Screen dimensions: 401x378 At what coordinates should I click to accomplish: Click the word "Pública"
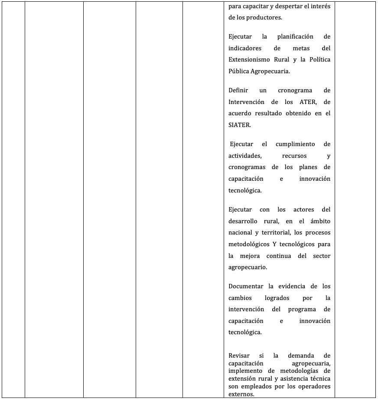pos(239,71)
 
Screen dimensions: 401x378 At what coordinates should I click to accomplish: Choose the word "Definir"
pos(239,90)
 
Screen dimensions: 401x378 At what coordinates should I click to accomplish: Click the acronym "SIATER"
pos(240,125)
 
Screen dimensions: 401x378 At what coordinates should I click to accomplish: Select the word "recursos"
pos(294,155)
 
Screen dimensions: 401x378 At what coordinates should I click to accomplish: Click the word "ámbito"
pos(320,221)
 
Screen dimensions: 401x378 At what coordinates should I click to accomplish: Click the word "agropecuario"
pos(247,267)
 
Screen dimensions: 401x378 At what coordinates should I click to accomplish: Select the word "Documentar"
pos(246,286)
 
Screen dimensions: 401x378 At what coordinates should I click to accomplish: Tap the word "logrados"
pos(277,298)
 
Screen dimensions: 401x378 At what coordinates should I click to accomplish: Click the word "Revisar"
pos(239,355)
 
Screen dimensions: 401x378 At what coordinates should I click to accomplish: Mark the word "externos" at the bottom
pos(240,394)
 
